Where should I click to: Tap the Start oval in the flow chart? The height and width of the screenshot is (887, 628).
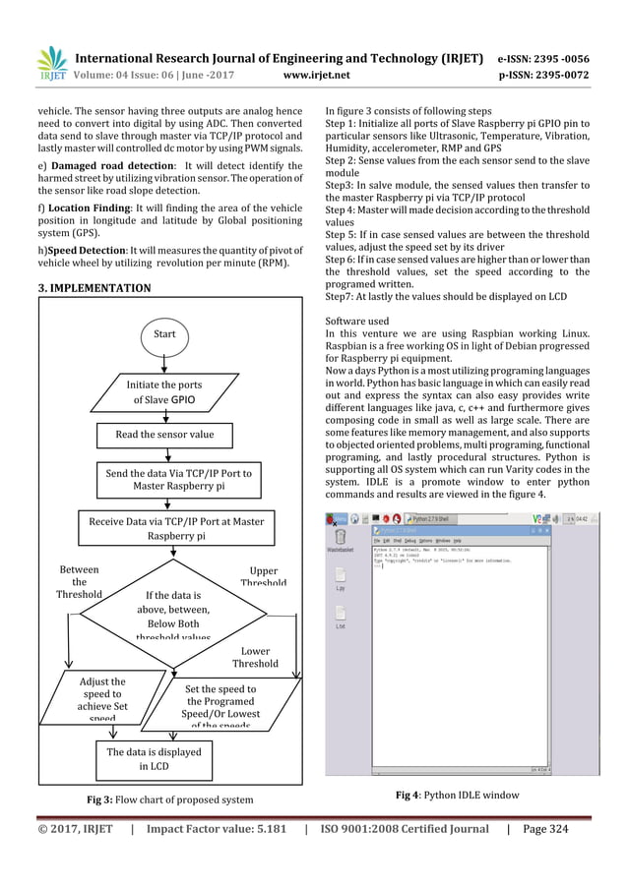163,334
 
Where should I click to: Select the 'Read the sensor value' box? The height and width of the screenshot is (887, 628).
164,433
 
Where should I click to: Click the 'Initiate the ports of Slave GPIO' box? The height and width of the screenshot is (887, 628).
163,392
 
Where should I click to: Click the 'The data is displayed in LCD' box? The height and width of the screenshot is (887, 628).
154,759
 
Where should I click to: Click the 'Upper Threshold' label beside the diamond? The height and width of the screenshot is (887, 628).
263,576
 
